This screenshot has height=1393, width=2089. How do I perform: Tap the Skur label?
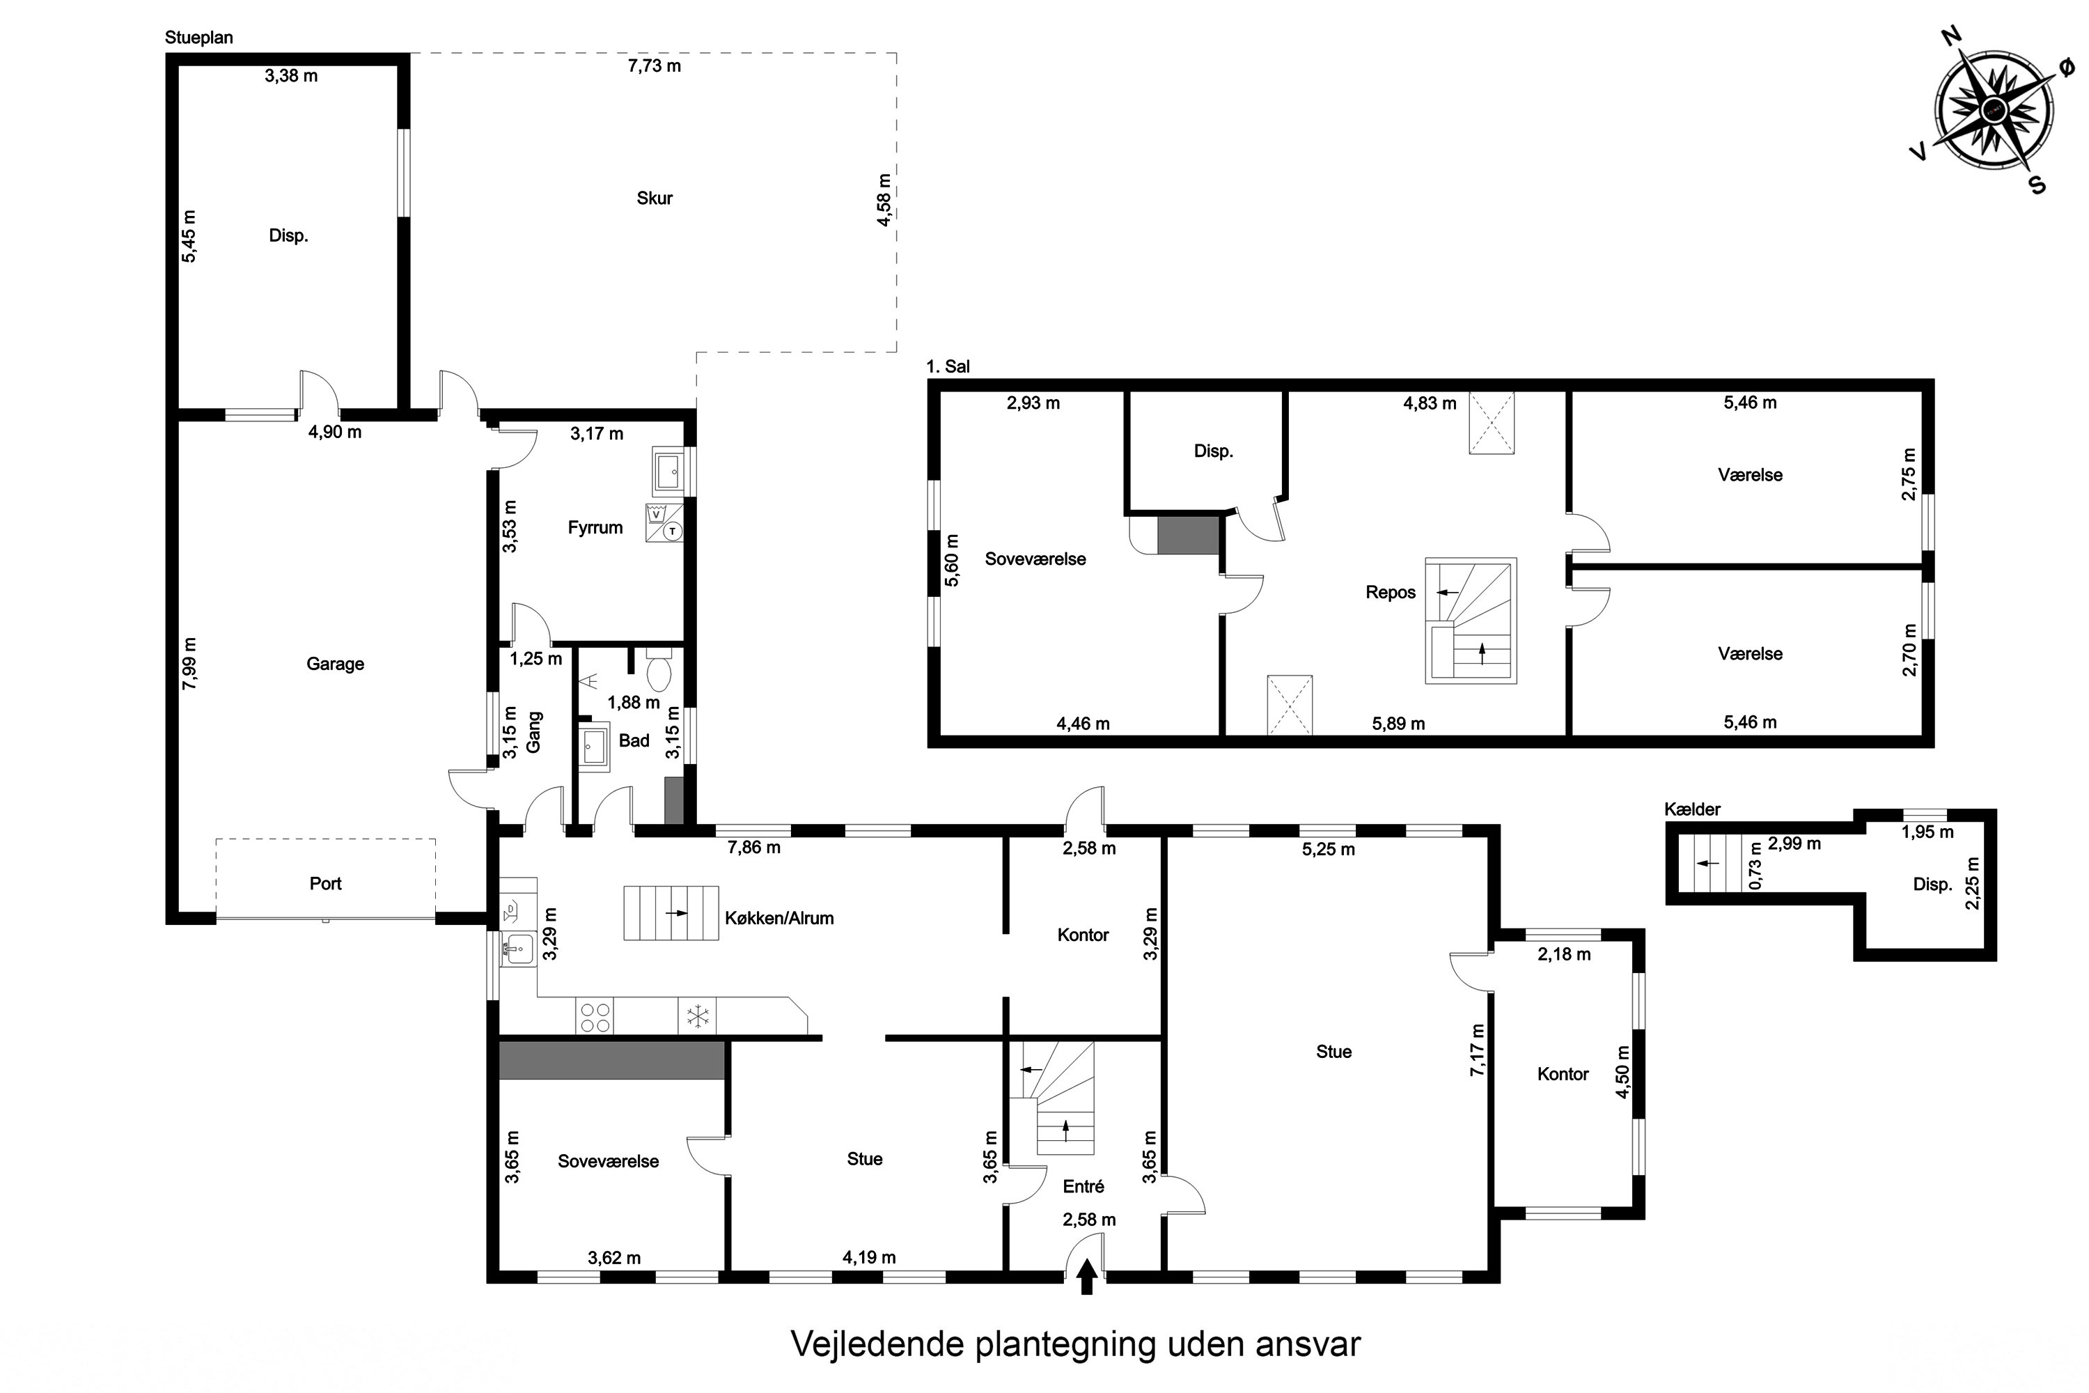(655, 198)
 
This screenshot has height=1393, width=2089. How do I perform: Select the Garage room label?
(335, 664)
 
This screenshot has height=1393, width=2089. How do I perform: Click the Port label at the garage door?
(325, 883)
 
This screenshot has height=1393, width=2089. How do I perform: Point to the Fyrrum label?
(595, 528)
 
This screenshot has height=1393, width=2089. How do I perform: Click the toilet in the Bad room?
(659, 669)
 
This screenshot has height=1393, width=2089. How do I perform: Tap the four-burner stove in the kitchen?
(594, 1016)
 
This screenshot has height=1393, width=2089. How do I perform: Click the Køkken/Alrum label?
(780, 918)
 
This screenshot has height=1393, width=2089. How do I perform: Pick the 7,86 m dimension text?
(754, 848)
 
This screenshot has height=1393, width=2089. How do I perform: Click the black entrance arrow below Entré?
(1086, 1278)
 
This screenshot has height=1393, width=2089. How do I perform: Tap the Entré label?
(1083, 1186)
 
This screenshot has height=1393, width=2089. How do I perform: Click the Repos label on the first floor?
(1391, 593)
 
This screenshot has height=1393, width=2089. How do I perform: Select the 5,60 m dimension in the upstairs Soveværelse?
(952, 560)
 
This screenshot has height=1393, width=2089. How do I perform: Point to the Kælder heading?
(1692, 809)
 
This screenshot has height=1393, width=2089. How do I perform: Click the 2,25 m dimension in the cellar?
(1973, 883)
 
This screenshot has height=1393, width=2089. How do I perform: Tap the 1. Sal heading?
(948, 366)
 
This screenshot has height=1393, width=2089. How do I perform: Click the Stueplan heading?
(199, 38)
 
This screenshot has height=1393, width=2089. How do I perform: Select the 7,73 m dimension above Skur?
(655, 65)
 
